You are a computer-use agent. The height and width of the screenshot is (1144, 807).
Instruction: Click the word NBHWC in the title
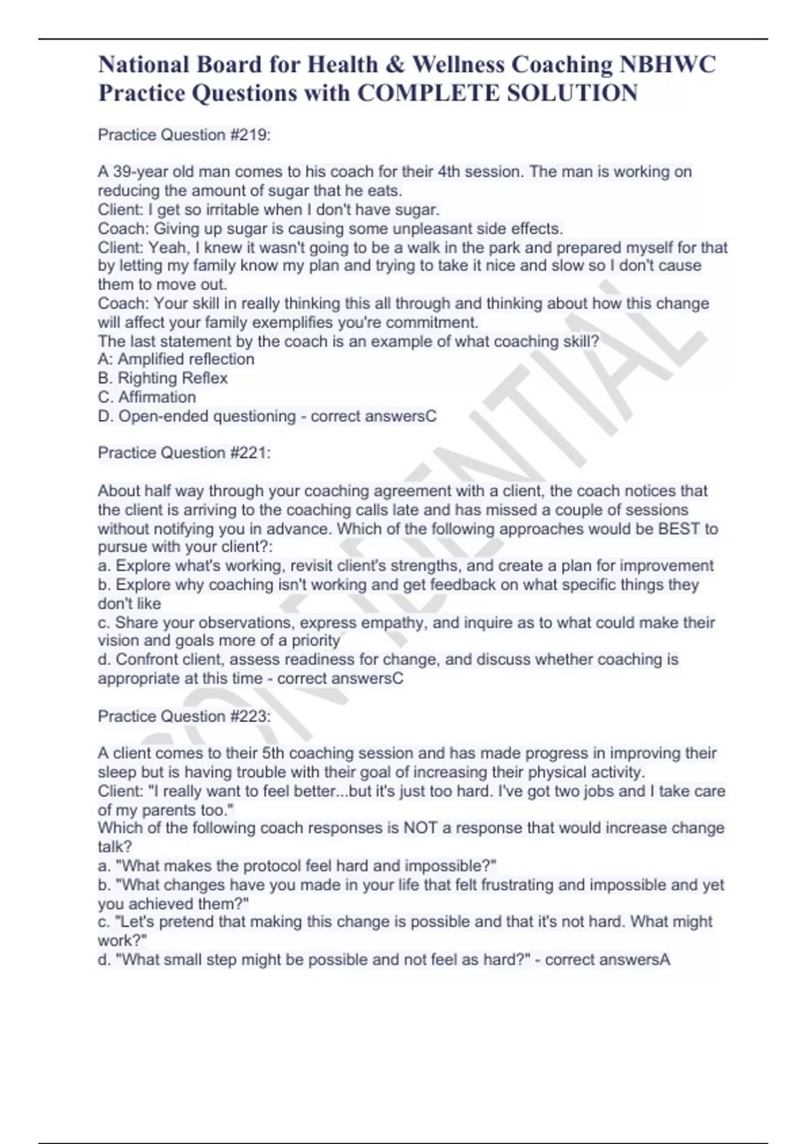click(668, 65)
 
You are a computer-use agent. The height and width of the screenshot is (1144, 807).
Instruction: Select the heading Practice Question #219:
click(184, 135)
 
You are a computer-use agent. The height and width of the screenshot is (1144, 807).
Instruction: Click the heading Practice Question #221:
click(184, 453)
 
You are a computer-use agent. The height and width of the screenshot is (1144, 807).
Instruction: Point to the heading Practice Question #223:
click(184, 716)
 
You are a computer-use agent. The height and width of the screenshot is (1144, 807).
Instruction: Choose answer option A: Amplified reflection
click(176, 359)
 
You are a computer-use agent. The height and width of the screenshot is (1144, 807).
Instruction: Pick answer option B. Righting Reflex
click(163, 378)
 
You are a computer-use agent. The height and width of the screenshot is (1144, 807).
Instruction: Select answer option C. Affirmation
click(147, 397)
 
